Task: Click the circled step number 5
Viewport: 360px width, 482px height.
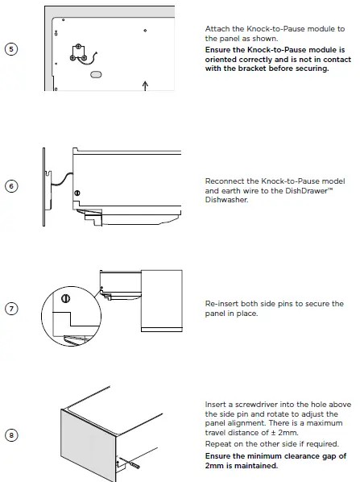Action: click(10, 48)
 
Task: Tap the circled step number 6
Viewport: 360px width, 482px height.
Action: click(10, 186)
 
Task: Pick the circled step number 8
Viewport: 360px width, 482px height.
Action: click(10, 435)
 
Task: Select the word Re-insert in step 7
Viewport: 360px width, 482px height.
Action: click(221, 304)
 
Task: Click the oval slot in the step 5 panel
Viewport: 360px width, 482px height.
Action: click(95, 73)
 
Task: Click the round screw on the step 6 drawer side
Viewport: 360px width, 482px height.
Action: click(77, 193)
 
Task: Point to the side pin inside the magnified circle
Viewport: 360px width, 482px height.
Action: click(65, 299)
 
